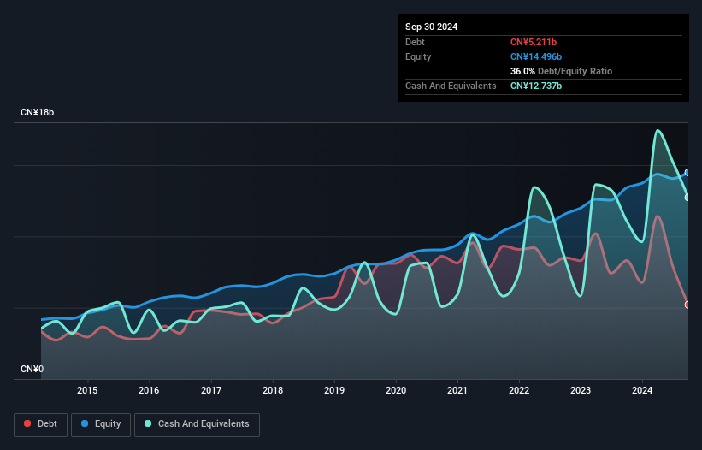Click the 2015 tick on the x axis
(87, 391)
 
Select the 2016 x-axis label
(149, 391)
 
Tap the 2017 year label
(211, 391)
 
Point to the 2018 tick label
(273, 391)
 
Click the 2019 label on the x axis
(334, 391)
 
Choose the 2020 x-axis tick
(396, 391)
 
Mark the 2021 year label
(457, 391)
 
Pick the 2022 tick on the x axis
(519, 391)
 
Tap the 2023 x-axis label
(581, 391)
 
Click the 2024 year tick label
(642, 391)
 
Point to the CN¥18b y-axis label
(38, 113)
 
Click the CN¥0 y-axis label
(32, 369)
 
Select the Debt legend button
(40, 423)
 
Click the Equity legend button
(101, 423)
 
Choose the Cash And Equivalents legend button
(197, 423)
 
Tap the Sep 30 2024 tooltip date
(431, 27)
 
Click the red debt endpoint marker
(687, 305)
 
